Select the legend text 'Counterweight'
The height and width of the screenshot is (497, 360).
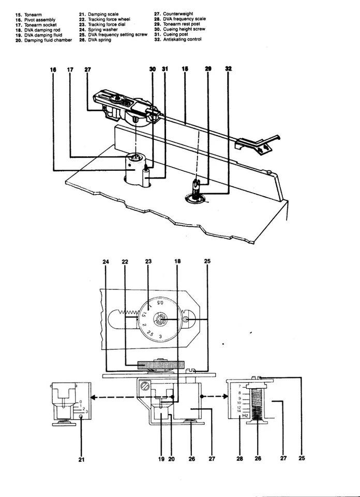[177, 14]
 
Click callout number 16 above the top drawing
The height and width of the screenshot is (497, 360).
[54, 69]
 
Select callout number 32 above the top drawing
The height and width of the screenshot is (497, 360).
[229, 69]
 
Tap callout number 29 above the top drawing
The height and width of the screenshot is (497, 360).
[208, 69]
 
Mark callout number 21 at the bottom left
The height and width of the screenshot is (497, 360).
[81, 458]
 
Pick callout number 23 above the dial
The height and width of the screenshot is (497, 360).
[148, 262]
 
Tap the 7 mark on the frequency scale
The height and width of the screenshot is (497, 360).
[239, 387]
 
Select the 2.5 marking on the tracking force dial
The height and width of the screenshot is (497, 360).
[149, 334]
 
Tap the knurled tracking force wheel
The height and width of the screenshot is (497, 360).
[161, 366]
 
